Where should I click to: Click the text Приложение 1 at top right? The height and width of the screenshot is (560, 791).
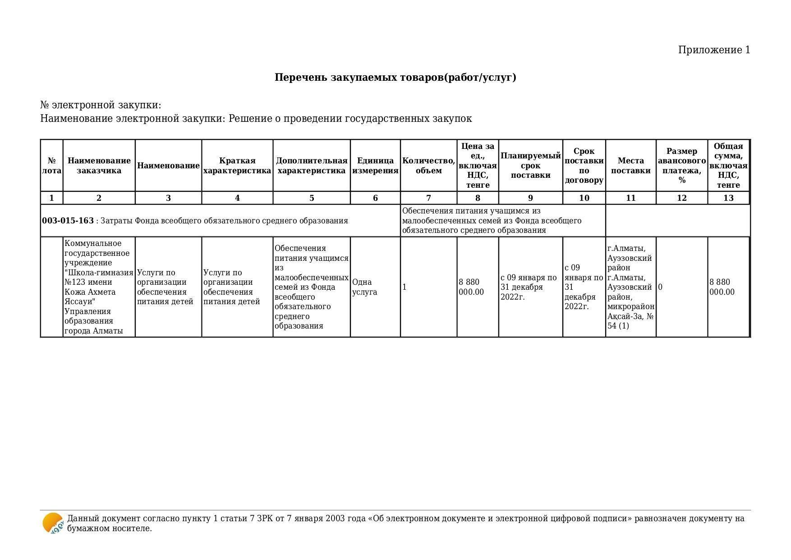714,50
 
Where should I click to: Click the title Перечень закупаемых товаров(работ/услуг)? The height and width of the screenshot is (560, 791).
395,78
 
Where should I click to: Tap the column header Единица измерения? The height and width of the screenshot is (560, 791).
375,166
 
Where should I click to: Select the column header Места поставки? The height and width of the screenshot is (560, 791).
630,166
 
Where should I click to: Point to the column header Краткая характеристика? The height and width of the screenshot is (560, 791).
237,166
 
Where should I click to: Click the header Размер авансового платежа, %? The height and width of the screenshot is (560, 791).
681,166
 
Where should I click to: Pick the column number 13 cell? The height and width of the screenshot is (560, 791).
728,198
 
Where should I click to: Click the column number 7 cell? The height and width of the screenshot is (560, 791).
428,198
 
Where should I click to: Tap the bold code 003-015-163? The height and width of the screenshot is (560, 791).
68,221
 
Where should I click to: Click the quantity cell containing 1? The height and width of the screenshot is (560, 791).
405,287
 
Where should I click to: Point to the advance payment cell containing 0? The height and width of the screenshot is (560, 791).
660,287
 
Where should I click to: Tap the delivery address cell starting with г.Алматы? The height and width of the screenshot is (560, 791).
630,287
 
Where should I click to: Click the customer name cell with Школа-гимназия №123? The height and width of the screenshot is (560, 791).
99,287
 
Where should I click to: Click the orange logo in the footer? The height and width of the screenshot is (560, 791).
53,523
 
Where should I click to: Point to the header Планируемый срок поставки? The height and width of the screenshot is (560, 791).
530,166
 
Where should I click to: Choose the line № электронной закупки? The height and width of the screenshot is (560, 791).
101,105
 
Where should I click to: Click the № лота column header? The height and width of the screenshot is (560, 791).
52,166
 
